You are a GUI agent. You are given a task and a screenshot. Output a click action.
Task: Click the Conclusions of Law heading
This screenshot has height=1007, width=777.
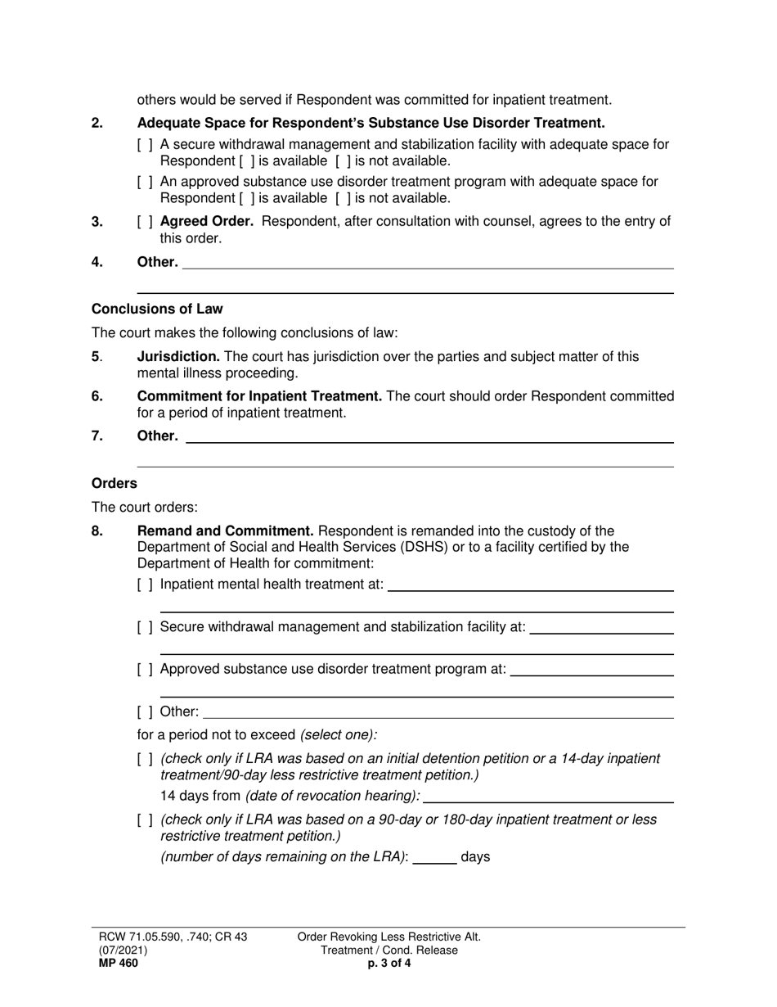coord(157,309)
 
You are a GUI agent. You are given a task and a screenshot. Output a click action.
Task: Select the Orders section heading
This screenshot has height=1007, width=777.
coord(114,483)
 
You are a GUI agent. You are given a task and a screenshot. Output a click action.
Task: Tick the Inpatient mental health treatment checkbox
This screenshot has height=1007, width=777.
coord(145,585)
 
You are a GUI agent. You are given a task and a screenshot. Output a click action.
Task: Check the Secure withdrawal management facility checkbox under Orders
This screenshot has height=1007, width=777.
coord(145,627)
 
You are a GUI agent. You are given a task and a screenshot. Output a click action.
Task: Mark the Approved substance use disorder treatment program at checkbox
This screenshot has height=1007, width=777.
coord(145,669)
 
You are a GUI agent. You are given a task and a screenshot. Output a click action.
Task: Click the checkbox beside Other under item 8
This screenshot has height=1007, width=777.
coord(145,711)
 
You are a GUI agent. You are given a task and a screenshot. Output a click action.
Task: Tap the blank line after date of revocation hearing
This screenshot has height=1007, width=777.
coord(548,797)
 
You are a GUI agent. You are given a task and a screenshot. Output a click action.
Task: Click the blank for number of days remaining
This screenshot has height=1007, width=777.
coord(434,858)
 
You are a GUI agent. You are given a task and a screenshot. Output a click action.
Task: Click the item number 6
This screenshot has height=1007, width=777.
coord(97,396)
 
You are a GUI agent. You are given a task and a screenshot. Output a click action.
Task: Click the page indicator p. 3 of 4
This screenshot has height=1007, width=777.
coord(388,964)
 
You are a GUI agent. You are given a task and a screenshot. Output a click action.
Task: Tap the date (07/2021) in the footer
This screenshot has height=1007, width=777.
coord(124,951)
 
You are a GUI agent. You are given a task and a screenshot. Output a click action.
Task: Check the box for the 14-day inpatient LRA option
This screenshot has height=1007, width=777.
coord(145,759)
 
